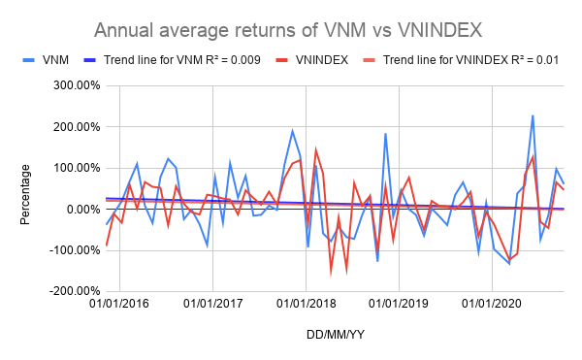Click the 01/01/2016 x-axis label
pos(119,304)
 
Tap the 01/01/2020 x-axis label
pos(493,304)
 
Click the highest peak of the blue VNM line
pos(533,115)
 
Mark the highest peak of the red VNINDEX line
pos(315,149)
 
